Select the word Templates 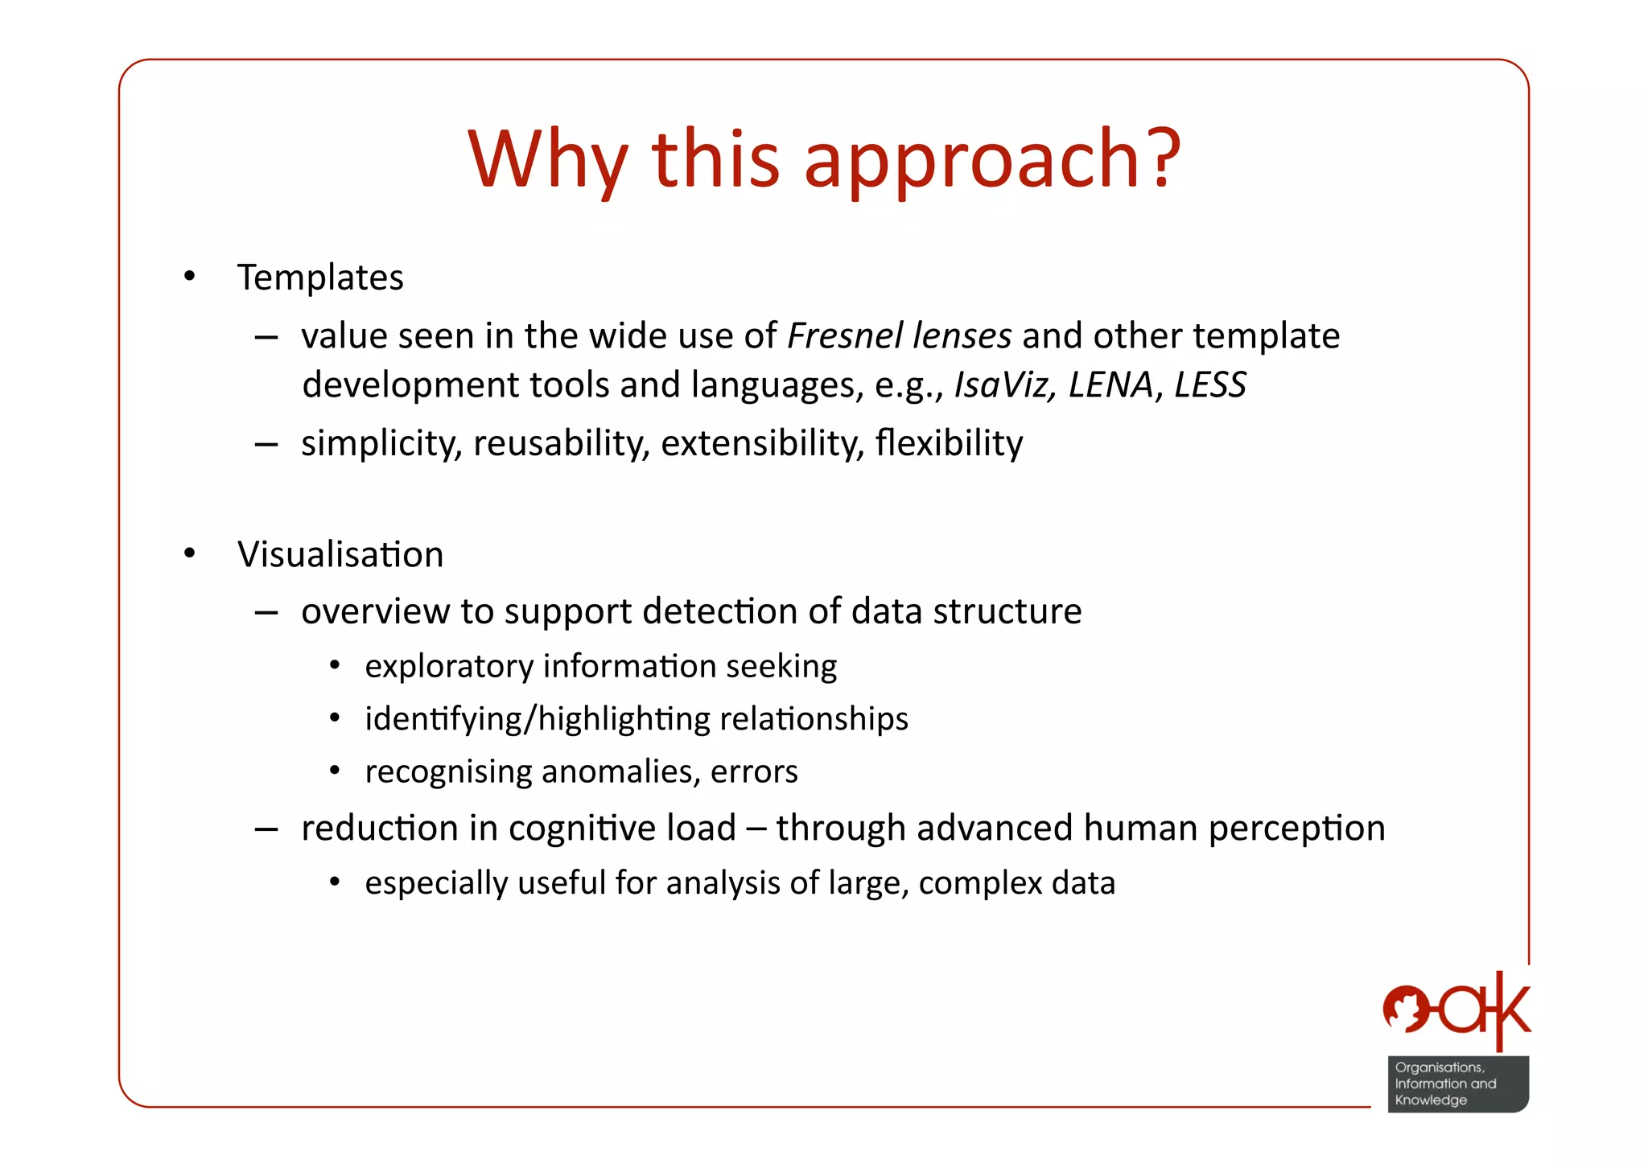tap(320, 278)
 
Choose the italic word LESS tap(1209, 385)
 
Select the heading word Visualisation tap(340, 554)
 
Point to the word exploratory tap(449, 667)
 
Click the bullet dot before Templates tap(189, 278)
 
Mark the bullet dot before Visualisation tap(189, 554)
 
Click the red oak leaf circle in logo tap(1406, 1009)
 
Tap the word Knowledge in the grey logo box tap(1430, 1100)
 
